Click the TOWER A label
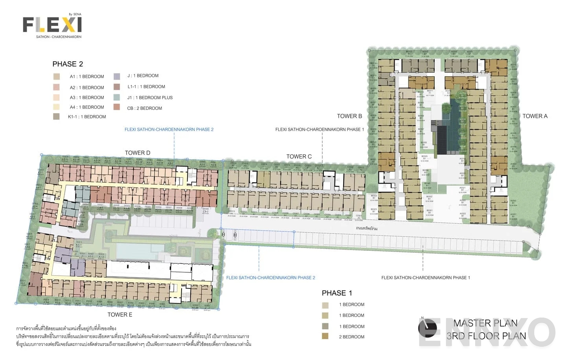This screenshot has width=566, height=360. pos(535,116)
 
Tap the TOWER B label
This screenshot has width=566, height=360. pos(349,116)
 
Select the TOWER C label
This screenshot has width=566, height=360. pos(299,156)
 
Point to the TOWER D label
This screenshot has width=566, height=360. pos(137,153)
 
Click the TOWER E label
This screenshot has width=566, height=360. pos(120,314)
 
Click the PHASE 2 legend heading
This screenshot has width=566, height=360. pos(68,64)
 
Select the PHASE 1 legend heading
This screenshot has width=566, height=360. pos(337,293)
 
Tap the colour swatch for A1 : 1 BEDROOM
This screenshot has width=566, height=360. pos(57,77)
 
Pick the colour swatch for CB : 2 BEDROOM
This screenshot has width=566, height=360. pos(117,107)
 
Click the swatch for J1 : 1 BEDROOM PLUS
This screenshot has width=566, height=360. pos(117,97)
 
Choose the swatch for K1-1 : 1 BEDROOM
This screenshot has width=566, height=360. pos(57,116)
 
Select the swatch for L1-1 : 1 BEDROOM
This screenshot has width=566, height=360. pos(117,86)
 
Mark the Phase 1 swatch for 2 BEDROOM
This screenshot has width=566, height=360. pos(325,336)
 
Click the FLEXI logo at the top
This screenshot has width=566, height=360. pos(52,25)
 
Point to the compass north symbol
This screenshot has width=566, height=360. pos(427,328)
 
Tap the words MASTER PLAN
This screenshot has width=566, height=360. pos(485,323)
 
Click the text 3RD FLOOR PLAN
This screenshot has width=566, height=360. pos(486,336)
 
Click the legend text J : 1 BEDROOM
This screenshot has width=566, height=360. pos(143,75)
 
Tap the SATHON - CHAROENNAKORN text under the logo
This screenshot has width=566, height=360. pos(59,37)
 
